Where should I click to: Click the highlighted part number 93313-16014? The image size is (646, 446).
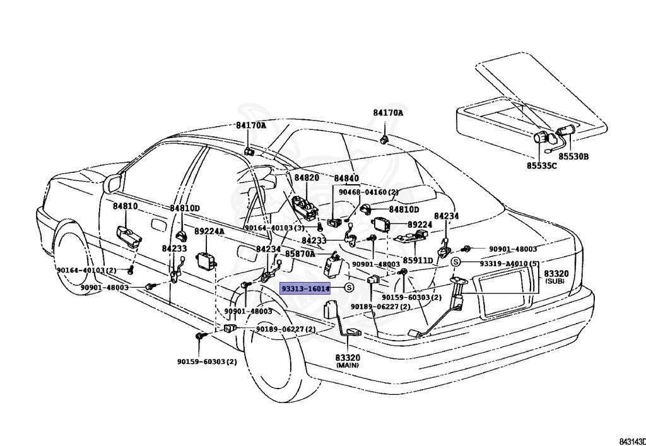(305, 288)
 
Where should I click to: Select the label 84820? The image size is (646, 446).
(306, 179)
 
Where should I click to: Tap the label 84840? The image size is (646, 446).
(346, 179)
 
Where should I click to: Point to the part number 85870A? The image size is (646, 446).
(300, 254)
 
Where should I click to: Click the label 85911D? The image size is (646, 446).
(418, 260)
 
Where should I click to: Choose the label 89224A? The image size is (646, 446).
(209, 232)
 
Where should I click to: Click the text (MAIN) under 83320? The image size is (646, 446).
(347, 365)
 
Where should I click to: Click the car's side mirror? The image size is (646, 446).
(114, 184)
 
